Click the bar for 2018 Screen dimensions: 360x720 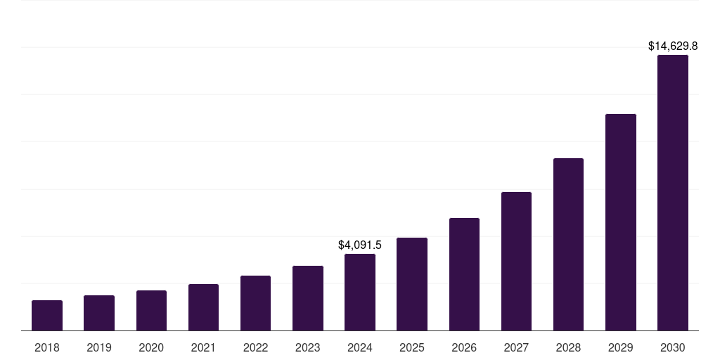pyautogui.click(x=47, y=316)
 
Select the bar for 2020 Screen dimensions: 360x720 pyautogui.click(x=151, y=311)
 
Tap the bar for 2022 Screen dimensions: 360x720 pyautogui.click(x=255, y=303)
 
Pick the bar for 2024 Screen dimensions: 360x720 pyautogui.click(x=360, y=292)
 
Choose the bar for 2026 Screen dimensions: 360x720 pyautogui.click(x=464, y=274)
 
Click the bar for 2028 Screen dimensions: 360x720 pyautogui.click(x=568, y=245)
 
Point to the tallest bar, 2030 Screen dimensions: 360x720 pyautogui.click(x=673, y=193)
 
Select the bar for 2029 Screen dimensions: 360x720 pyautogui.click(x=621, y=222)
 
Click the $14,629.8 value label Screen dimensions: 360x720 pyautogui.click(x=673, y=46)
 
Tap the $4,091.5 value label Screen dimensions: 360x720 pyautogui.click(x=360, y=245)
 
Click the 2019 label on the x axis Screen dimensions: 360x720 pyautogui.click(x=99, y=347)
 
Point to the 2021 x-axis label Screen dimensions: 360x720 pyautogui.click(x=203, y=347)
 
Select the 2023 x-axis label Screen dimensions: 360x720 pyautogui.click(x=308, y=347)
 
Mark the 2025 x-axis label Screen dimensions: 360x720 pyautogui.click(x=412, y=347)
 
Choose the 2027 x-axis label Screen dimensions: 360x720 pyautogui.click(x=516, y=347)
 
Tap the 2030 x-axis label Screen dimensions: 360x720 pyautogui.click(x=673, y=347)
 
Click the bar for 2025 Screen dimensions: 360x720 pyautogui.click(x=412, y=284)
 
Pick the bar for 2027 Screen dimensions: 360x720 pyautogui.click(x=516, y=262)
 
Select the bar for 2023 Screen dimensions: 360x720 pyautogui.click(x=308, y=298)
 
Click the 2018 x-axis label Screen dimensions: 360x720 pyautogui.click(x=47, y=347)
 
